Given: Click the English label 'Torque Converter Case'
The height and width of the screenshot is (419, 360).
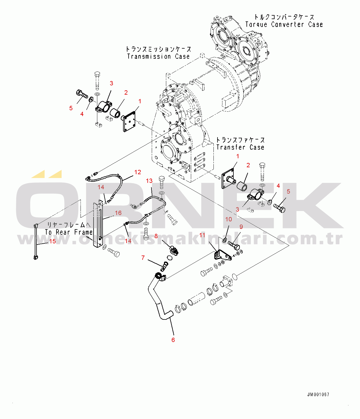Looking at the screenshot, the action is coord(284,25).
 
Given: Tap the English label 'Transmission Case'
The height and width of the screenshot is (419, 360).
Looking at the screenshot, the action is coord(158,56).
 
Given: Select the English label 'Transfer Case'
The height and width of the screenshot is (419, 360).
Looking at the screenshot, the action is coord(240,147).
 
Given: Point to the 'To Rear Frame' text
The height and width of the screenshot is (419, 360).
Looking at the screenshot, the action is coord(69,232).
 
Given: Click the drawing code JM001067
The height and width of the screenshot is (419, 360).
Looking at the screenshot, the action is coord(318,394).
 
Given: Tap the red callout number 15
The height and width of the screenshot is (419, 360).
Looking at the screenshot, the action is coord(52,241).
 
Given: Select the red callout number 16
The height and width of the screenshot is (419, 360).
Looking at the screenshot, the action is coord(118,213).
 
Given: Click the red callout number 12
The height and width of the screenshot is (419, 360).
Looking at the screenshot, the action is coord(138,172).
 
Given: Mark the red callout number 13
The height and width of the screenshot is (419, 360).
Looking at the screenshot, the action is coord(149,181).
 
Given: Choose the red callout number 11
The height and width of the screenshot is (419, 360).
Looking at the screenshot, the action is coord(202,235).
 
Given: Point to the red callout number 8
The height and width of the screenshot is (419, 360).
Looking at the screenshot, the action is coord(156,236).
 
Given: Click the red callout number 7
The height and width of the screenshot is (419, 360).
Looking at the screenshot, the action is coord(143,258).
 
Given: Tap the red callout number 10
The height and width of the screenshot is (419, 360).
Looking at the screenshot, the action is coord(229,219).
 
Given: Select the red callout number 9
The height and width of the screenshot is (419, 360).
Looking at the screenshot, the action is coord(241,227).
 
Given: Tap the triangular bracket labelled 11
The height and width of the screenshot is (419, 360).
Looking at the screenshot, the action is coord(222,256).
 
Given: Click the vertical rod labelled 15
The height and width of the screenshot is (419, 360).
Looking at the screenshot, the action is coord(36,242).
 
